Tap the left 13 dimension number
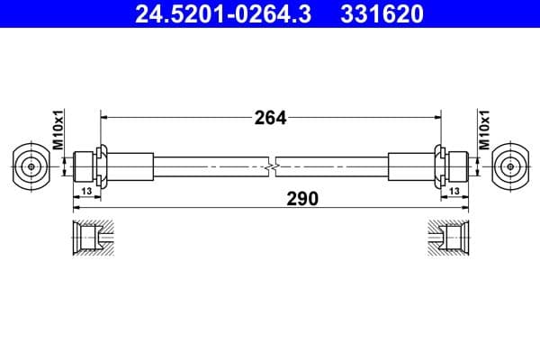(x=86, y=191)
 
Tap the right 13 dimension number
(x=454, y=191)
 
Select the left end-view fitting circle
(x=31, y=166)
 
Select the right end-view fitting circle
(x=511, y=166)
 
